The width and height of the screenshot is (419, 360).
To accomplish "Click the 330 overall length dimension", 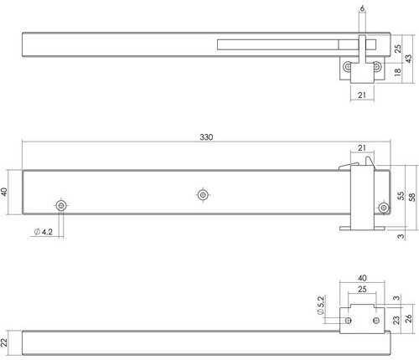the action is click(x=206, y=137).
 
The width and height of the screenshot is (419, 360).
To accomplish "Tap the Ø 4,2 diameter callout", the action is click(x=44, y=232).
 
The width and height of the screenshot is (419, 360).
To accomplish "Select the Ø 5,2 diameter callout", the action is click(x=321, y=306).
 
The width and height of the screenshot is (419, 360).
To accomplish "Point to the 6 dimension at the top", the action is click(x=362, y=8).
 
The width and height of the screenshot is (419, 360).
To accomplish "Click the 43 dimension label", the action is click(x=408, y=59).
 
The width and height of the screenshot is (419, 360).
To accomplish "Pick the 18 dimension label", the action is click(x=397, y=72).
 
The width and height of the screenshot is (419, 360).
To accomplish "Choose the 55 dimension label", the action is click(x=401, y=195).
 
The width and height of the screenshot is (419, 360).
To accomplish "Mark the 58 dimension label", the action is click(x=412, y=197).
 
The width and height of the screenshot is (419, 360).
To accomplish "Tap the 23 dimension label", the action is click(x=396, y=320).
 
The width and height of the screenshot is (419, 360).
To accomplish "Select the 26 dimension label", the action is click(x=408, y=319).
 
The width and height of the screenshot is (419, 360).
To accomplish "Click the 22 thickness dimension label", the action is click(x=3, y=342).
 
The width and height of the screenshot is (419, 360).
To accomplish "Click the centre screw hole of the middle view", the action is click(x=203, y=195).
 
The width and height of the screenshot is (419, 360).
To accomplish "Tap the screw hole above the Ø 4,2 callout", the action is click(x=61, y=206).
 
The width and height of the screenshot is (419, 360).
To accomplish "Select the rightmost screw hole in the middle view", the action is click(x=384, y=208).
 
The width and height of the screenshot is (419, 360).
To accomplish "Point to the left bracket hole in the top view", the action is click(x=348, y=67).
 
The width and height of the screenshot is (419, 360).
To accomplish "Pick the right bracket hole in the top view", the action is click(x=376, y=67).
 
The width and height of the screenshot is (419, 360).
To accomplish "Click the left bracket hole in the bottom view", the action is click(x=348, y=320).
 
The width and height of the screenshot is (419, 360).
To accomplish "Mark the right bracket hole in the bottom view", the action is click(x=376, y=320).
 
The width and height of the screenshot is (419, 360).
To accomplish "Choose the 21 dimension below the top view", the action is click(x=362, y=95).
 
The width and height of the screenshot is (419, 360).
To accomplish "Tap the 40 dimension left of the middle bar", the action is click(x=4, y=192).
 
